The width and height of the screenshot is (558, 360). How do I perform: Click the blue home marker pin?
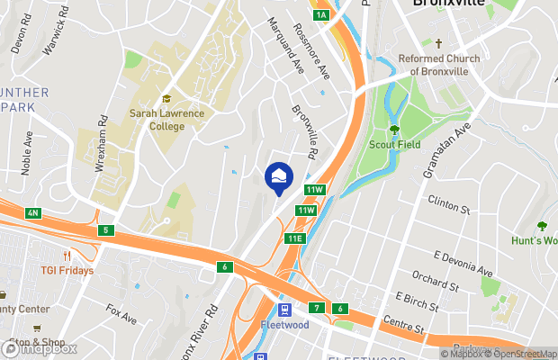tap(278, 176)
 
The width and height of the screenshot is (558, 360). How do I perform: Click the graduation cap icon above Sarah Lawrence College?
tap(166, 100)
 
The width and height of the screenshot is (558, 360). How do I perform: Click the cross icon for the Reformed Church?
tap(439, 43)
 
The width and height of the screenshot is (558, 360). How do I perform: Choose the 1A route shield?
tap(321, 15)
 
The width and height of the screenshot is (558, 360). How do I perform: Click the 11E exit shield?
tap(294, 238)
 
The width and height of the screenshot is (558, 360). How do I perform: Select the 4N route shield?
tap(33, 212)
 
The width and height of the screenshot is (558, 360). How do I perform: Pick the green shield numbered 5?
tap(106, 230)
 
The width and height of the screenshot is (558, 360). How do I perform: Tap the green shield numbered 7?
tap(317, 308)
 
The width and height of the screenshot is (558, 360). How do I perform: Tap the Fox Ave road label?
tap(121, 314)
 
